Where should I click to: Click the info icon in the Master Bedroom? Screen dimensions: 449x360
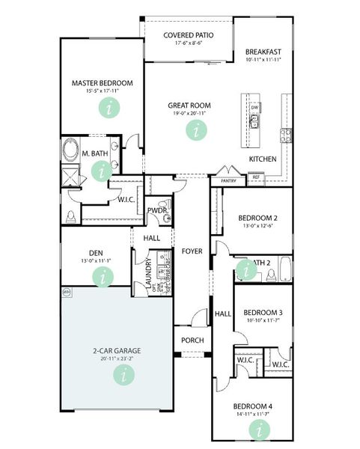click(x=111, y=108)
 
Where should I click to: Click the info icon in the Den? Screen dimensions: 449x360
click(x=102, y=276)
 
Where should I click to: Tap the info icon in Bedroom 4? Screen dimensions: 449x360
click(x=260, y=429)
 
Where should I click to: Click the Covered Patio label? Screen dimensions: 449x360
click(x=189, y=34)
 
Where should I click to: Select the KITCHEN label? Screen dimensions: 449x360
click(x=263, y=159)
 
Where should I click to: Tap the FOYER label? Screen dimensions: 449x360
click(x=192, y=251)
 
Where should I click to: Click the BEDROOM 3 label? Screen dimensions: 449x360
click(x=263, y=312)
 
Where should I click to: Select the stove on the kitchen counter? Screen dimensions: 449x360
click(x=285, y=135)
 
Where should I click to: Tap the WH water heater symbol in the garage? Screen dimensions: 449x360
click(x=67, y=292)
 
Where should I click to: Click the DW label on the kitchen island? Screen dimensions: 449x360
click(x=254, y=108)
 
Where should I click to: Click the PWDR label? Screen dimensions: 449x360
click(x=156, y=210)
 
